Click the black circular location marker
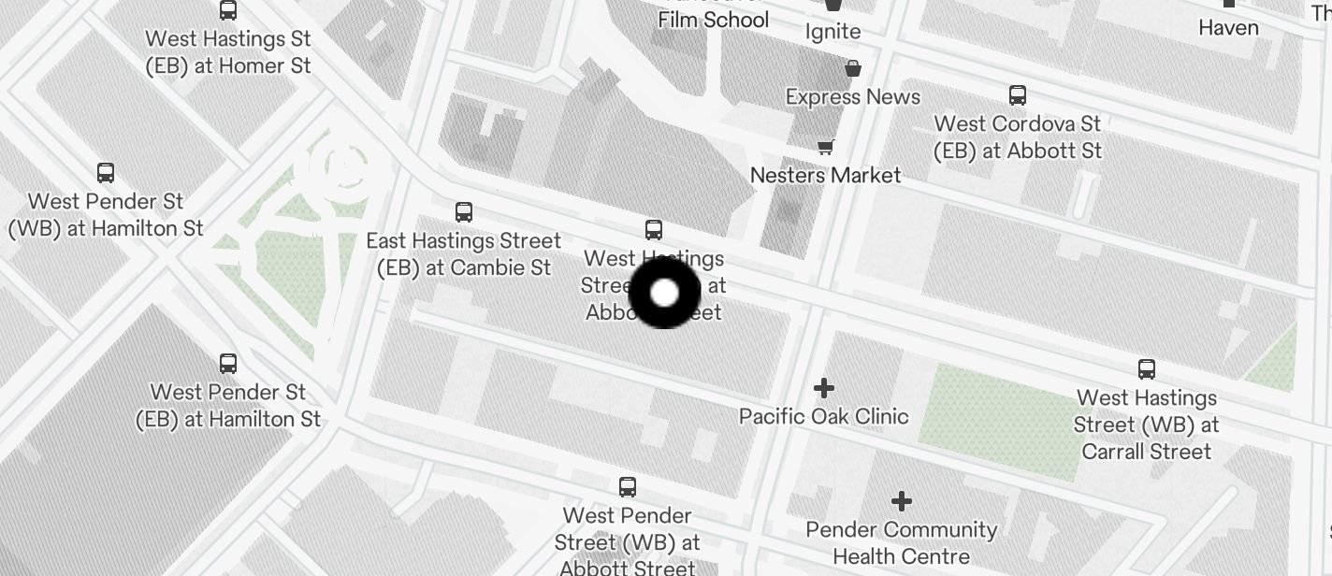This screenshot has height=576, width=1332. point(664,293)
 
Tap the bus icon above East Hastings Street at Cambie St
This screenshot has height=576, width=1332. point(464,212)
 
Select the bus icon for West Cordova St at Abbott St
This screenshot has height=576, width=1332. point(1018,95)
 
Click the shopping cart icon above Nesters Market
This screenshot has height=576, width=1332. point(826,146)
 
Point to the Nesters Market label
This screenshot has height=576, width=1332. point(826,175)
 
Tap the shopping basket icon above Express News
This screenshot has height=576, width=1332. point(853,68)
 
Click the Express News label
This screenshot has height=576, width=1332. point(853,97)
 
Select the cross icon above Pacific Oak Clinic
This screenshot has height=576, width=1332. point(824,387)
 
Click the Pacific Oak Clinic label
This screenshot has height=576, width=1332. point(824,416)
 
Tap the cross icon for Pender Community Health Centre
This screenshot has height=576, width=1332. point(902,502)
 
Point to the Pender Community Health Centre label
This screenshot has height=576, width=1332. point(902,543)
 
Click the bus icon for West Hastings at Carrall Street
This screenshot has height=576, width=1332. point(1147,369)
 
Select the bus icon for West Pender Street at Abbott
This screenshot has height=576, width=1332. point(628,487)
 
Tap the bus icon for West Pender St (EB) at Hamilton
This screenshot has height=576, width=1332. point(228,364)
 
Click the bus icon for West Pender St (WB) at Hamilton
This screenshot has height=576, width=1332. point(106,173)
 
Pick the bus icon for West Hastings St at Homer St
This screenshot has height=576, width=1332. point(228,11)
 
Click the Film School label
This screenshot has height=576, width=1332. point(714,20)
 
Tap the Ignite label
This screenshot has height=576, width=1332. point(832,32)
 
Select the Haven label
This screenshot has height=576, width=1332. point(1228,28)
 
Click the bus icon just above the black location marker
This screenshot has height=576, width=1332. point(654,230)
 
